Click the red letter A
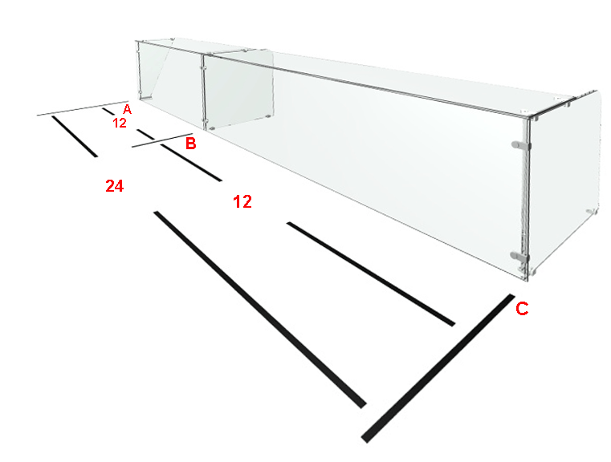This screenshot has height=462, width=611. click(127, 109)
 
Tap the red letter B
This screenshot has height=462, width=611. click(190, 144)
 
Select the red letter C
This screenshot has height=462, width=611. click(522, 309)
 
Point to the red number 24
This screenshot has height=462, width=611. click(115, 186)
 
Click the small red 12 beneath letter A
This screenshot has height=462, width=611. click(120, 123)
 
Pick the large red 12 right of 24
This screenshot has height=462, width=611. click(242, 201)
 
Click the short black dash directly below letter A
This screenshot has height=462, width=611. click(108, 111)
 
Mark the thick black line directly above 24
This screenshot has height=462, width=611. click(75, 136)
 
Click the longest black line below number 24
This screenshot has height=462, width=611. click(260, 310)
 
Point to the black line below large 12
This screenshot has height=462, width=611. click(371, 274)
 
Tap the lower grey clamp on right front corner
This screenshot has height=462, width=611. click(520, 257)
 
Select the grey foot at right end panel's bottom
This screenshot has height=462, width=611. click(591, 211)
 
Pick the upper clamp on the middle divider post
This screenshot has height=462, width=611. click(203, 67)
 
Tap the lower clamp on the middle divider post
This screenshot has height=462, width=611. click(203, 120)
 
